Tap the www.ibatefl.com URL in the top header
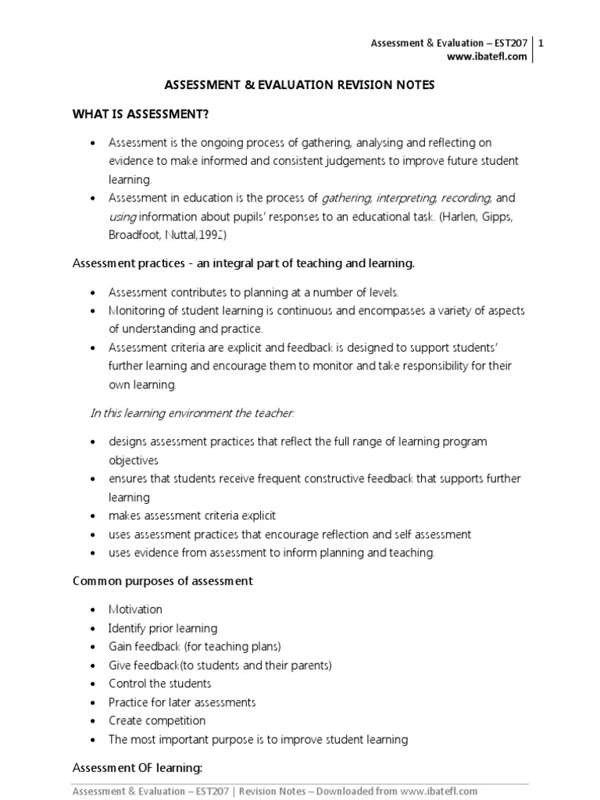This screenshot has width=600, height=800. [486, 56]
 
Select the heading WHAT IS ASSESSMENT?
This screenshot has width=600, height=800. [141, 115]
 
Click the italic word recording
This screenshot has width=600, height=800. [467, 198]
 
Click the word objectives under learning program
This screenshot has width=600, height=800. [134, 460]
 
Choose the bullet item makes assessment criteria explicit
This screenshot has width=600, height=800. [192, 516]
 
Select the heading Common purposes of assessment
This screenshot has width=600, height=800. [162, 581]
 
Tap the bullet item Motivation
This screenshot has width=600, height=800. [136, 609]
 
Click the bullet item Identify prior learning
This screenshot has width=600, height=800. [163, 628]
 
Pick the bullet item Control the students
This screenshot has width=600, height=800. [160, 684]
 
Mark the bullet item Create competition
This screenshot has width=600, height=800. [157, 720]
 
